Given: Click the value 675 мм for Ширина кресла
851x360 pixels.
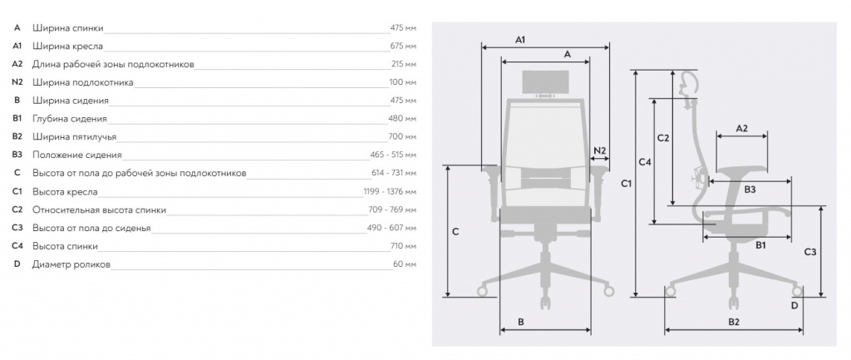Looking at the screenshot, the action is click(403, 47).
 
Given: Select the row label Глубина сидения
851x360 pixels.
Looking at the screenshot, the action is click(70, 118).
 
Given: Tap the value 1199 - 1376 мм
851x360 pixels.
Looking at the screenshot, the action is click(391, 191).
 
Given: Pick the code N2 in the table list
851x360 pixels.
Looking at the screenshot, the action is click(17, 82).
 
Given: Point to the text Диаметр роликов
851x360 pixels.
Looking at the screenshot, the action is click(71, 264).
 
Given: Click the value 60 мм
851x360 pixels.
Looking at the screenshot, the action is click(405, 264).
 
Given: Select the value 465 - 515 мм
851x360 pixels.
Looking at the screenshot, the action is click(393, 155).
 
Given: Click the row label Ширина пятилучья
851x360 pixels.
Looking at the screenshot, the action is click(74, 137).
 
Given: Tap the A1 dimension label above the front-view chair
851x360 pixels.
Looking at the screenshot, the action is click(520, 40).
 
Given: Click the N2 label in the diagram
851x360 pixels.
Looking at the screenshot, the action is click(600, 150).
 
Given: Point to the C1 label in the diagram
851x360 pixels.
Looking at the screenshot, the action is click(627, 184).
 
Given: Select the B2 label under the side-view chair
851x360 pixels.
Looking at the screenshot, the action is click(734, 322).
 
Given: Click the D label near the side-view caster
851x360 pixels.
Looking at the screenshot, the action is click(794, 305).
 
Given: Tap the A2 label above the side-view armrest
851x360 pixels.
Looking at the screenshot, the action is click(742, 129).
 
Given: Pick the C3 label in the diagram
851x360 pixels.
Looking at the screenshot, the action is click(810, 252).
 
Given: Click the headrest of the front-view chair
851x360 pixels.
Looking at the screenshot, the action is click(545, 82).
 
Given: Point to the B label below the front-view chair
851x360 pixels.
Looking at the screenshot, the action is click(520, 322).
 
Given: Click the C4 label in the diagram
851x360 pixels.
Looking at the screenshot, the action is click(645, 161).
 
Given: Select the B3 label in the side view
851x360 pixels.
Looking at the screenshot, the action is click(750, 190).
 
